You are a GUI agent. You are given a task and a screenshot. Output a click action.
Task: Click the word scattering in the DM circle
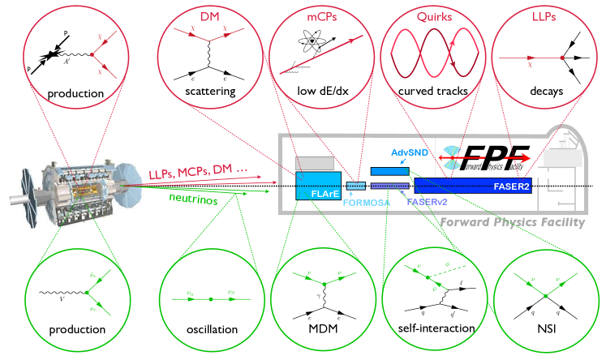[x=210, y=92]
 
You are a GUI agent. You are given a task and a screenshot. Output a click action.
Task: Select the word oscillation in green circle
[x=209, y=329]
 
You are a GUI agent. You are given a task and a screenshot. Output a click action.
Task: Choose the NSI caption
[x=541, y=329]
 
